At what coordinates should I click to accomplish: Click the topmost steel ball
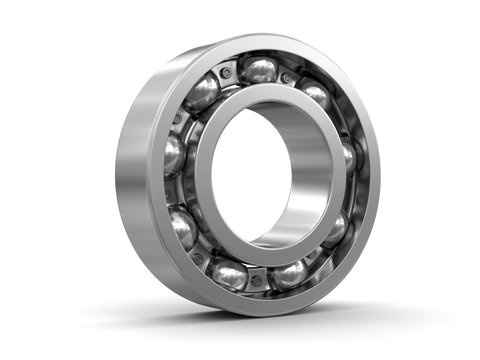click(260, 70)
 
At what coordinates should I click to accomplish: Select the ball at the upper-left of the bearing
click(203, 92)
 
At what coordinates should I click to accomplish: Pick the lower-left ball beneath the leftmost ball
click(183, 228)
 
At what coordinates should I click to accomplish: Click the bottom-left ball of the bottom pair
click(229, 274)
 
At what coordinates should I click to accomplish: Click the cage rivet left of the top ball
click(228, 73)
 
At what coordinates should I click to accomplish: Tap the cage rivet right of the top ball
click(288, 76)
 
